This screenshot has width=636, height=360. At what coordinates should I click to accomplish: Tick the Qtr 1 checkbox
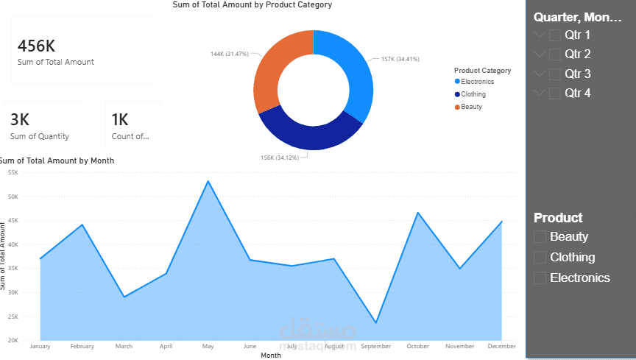point(555,35)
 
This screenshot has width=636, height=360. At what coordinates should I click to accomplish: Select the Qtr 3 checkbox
point(555,74)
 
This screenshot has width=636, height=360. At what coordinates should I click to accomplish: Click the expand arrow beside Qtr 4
point(540,93)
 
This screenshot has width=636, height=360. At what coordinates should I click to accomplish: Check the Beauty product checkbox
point(540,236)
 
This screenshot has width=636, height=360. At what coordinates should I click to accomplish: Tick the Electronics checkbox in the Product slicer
point(540,278)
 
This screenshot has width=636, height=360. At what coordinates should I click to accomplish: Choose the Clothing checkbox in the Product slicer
point(540,257)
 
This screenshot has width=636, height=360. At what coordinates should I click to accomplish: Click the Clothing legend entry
point(473,94)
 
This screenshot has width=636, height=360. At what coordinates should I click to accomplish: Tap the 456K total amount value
point(36,46)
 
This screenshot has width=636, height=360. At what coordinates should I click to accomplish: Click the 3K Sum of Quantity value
point(20,120)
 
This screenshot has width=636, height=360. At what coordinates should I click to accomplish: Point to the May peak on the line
point(208,181)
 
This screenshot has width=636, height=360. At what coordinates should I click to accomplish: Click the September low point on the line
point(376,322)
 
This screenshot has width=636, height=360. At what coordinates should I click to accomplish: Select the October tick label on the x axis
point(417,346)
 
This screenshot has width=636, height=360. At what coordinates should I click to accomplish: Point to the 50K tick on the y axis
point(13,197)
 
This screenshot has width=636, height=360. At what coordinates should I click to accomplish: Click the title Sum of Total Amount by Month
point(57,160)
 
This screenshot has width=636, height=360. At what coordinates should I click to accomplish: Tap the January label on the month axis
point(40,346)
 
